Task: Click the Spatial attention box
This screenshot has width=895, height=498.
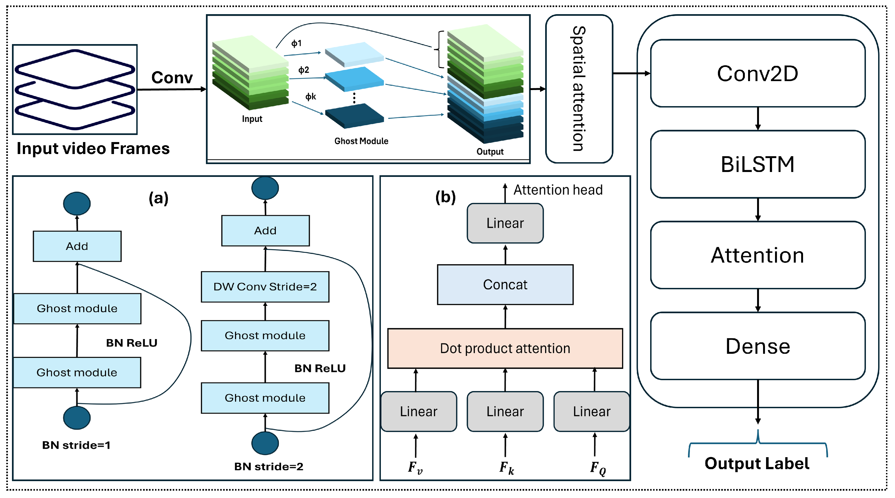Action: (x=579, y=89)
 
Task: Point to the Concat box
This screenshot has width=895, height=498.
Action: (x=505, y=285)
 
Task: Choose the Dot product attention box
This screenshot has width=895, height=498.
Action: (x=505, y=348)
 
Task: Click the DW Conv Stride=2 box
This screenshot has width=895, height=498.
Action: (x=265, y=287)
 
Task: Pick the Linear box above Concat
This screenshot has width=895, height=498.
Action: (x=505, y=223)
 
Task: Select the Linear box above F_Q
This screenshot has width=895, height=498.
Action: (x=591, y=411)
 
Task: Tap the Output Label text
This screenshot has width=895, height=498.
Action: (x=757, y=463)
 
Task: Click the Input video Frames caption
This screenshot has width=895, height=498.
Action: (x=93, y=148)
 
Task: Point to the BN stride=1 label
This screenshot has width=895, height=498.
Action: (x=76, y=445)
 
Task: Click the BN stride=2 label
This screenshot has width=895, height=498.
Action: (x=268, y=466)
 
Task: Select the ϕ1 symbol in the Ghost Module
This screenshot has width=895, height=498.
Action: (x=296, y=44)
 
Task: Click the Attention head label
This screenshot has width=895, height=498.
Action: (x=558, y=190)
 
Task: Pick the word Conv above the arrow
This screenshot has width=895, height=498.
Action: (x=172, y=78)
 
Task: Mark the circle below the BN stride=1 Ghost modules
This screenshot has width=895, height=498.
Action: (x=77, y=418)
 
